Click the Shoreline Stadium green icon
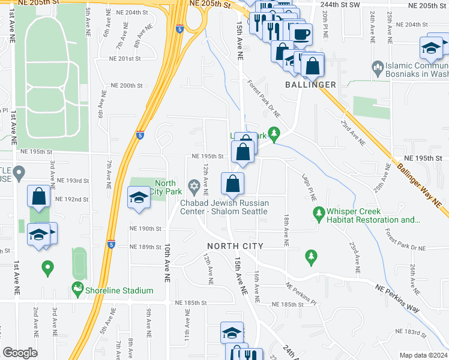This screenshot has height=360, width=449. (77, 290)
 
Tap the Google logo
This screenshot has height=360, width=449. (20, 353)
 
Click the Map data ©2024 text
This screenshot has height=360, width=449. (423, 355)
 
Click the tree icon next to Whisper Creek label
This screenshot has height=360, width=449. (318, 212)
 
